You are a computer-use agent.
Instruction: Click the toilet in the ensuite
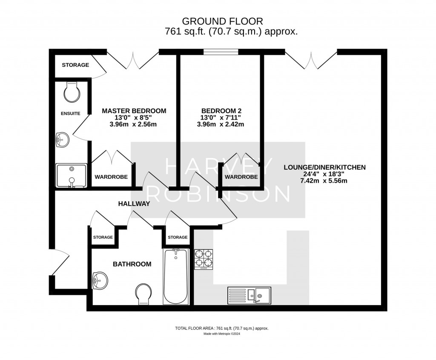point(71,92)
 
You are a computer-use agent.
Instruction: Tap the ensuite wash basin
point(62,139)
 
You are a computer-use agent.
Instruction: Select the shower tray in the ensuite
point(72,175)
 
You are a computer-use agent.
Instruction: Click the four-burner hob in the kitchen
point(204,259)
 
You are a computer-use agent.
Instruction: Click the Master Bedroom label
point(134,111)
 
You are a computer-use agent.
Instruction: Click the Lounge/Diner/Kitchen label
point(324,167)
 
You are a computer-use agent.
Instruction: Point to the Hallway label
point(134,204)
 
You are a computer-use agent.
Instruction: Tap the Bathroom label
point(132,264)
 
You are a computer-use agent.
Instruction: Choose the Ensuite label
point(69,113)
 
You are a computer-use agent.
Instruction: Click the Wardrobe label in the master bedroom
point(111,177)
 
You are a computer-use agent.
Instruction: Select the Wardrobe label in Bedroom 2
point(241,177)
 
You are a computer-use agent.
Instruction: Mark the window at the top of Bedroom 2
point(220,52)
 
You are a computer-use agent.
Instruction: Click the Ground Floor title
point(222,21)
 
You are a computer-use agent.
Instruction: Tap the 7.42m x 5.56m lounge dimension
point(324,181)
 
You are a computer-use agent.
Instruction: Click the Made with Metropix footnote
point(222,334)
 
